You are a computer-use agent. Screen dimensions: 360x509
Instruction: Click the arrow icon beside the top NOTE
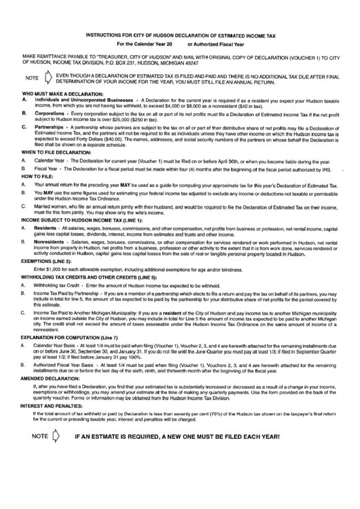point(47,77)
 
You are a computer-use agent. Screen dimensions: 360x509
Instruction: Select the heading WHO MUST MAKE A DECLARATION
point(63,93)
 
